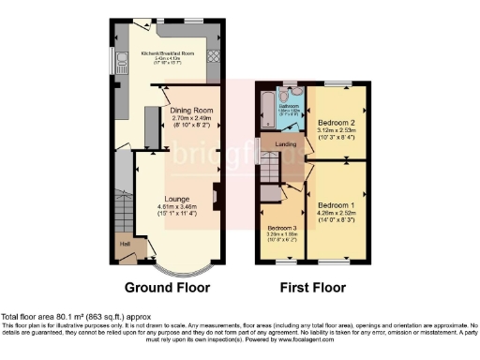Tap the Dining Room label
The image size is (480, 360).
[193, 111]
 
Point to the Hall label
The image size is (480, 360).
[124, 244]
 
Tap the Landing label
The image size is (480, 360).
[287, 144]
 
